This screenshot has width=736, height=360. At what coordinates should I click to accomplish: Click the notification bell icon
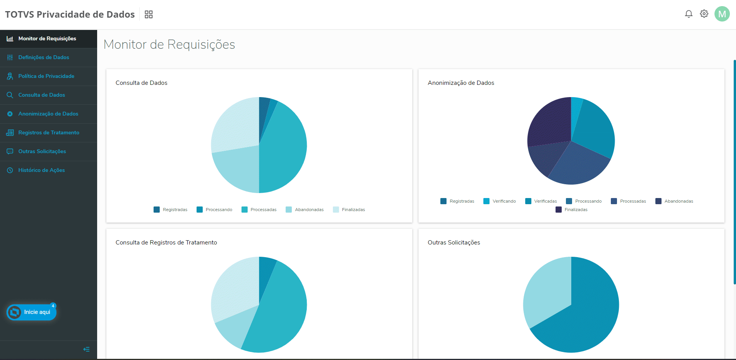[688, 14]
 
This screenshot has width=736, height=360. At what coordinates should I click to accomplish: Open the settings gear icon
[704, 14]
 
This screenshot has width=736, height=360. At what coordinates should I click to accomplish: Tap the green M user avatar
[722, 14]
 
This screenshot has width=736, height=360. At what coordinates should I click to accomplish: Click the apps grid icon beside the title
[149, 15]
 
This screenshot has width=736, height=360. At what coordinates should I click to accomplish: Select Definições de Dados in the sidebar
[44, 58]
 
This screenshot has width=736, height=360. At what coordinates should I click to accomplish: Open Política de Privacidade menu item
[46, 76]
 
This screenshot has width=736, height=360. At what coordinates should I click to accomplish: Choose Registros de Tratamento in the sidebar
[49, 133]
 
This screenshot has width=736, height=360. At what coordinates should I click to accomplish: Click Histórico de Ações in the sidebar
[41, 170]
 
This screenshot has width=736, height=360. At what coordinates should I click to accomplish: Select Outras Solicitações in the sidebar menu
[42, 152]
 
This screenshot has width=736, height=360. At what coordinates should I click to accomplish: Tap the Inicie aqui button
[31, 312]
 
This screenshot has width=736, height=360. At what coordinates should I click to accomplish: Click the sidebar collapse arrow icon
[86, 349]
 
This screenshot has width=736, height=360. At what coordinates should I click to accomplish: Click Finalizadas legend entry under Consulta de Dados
[349, 210]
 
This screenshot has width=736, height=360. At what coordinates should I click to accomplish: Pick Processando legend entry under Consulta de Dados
[214, 210]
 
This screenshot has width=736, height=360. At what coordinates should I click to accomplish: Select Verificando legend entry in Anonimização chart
[499, 201]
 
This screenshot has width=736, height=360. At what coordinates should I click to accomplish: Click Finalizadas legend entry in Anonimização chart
[571, 210]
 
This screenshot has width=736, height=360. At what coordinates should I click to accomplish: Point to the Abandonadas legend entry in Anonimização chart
[674, 201]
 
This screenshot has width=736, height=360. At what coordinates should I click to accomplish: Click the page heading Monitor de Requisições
[169, 45]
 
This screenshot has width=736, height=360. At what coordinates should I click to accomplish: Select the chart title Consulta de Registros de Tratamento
[166, 243]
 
